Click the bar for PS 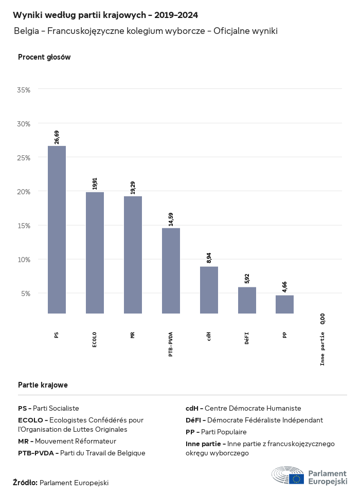[x=57, y=229]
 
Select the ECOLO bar [x=95, y=252]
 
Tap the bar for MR [x=133, y=254]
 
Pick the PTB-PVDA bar [x=171, y=270]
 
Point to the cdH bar [x=209, y=290]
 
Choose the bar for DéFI [x=247, y=300]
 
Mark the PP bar [x=284, y=304]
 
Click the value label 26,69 [x=57, y=137]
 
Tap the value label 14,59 [x=171, y=219]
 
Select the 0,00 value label [x=322, y=319]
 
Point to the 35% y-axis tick [x=24, y=89]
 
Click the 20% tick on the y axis [x=24, y=191]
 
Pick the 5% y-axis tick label [x=26, y=293]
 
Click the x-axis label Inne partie [x=322, y=348]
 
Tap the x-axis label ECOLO [x=95, y=340]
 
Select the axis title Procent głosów [x=44, y=57]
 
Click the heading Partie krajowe [x=43, y=384]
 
